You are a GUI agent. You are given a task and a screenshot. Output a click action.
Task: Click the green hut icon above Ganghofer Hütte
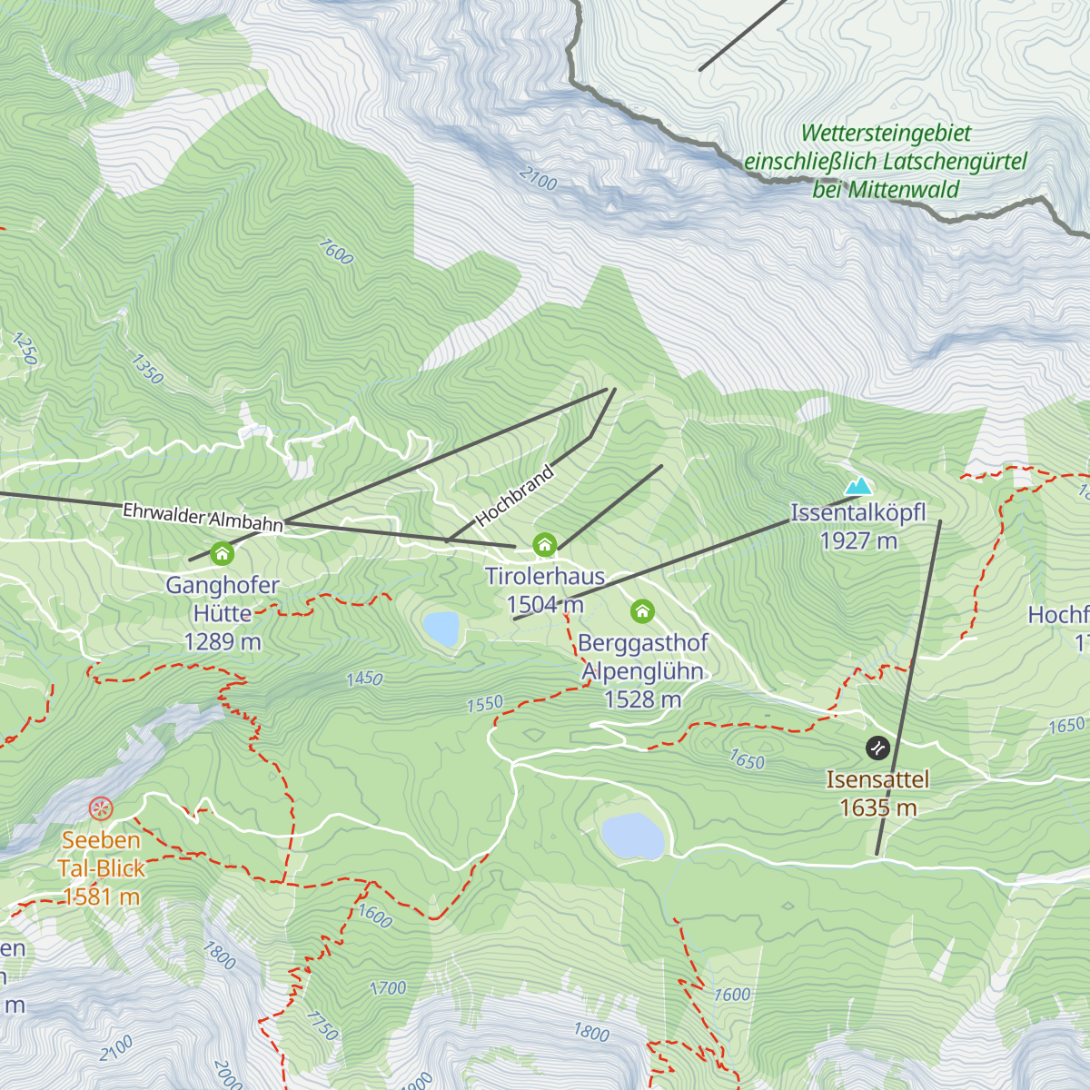click(222, 553)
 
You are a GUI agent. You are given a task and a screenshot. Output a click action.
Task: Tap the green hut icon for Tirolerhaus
click(544, 545)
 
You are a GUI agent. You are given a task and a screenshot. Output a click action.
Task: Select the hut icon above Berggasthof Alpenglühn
click(642, 610)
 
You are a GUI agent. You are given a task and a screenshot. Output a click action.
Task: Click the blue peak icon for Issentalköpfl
click(857, 487)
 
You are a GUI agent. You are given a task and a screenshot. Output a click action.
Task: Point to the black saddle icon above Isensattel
click(877, 748)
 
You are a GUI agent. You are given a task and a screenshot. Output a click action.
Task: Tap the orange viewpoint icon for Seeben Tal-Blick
click(101, 808)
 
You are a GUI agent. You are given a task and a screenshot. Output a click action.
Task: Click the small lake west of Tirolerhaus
click(441, 628)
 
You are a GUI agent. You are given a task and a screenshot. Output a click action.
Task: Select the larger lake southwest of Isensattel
click(633, 836)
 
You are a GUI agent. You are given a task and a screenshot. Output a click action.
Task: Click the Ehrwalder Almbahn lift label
click(203, 517)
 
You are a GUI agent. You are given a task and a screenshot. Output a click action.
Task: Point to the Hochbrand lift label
click(514, 497)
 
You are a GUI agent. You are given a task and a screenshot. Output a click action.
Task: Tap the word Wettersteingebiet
click(886, 134)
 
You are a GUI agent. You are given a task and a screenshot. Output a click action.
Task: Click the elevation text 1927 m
click(858, 541)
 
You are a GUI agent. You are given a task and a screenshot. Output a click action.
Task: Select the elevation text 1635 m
click(877, 808)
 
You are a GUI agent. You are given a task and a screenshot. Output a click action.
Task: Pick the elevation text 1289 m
click(222, 642)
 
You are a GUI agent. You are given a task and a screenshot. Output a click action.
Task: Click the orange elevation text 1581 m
click(101, 897)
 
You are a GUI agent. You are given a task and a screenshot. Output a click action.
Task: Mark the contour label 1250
click(25, 349)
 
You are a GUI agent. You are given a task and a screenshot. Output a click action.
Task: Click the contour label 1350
click(147, 369)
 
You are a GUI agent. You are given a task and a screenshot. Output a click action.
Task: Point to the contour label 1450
click(364, 679)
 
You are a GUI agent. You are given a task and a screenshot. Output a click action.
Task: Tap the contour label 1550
click(485, 704)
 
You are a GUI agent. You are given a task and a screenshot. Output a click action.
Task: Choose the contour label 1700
click(388, 988)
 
